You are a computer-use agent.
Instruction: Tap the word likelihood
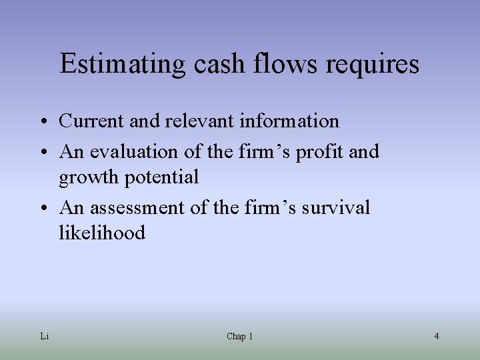pyautogui.click(x=102, y=233)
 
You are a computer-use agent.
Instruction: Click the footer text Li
pyautogui.click(x=44, y=337)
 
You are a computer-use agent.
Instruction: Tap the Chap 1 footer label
pyautogui.click(x=239, y=337)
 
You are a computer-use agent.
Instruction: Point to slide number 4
pyautogui.click(x=436, y=337)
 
